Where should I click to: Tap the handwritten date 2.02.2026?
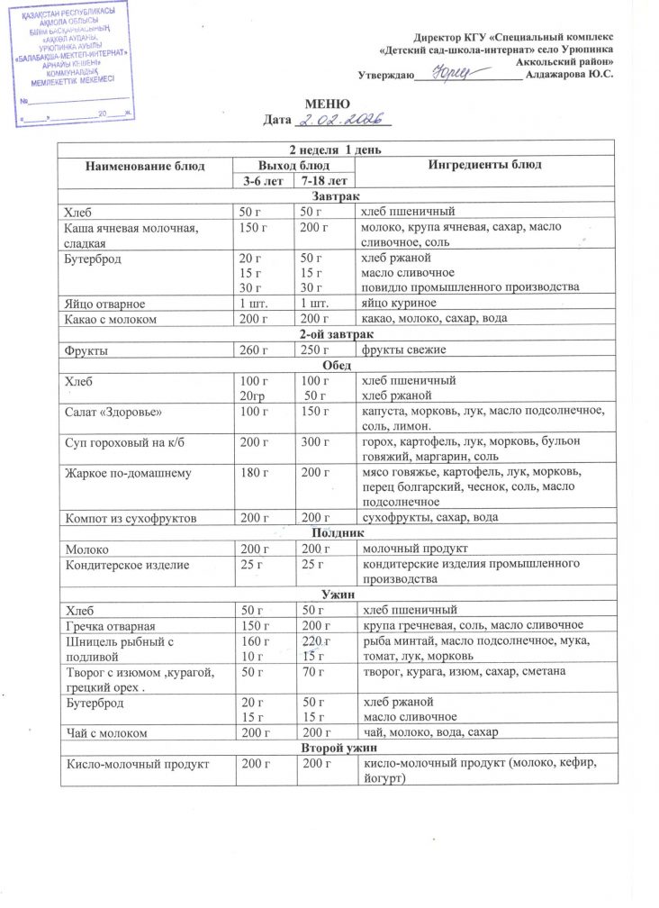point(341,120)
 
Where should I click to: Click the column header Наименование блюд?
point(145,166)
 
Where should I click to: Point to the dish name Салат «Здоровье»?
point(112,412)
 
